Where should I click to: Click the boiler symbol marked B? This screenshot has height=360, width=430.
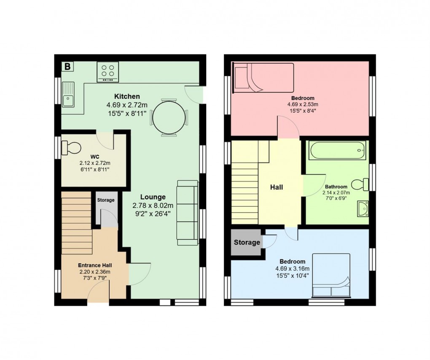(67, 67)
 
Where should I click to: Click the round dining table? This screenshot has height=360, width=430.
(169, 119)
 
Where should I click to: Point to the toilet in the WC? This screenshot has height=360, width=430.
(71, 148)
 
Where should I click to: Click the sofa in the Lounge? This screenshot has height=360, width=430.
(187, 212)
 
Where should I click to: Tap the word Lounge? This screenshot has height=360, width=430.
(153, 197)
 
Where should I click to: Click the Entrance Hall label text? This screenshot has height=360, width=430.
(94, 265)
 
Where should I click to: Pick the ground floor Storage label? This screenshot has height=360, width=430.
(106, 200)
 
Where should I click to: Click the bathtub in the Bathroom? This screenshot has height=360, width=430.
(336, 151)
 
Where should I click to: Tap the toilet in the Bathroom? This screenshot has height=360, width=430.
(360, 184)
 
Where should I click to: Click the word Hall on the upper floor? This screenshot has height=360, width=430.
(277, 187)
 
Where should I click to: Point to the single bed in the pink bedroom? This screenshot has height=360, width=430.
(263, 77)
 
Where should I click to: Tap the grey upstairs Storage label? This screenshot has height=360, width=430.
(247, 242)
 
